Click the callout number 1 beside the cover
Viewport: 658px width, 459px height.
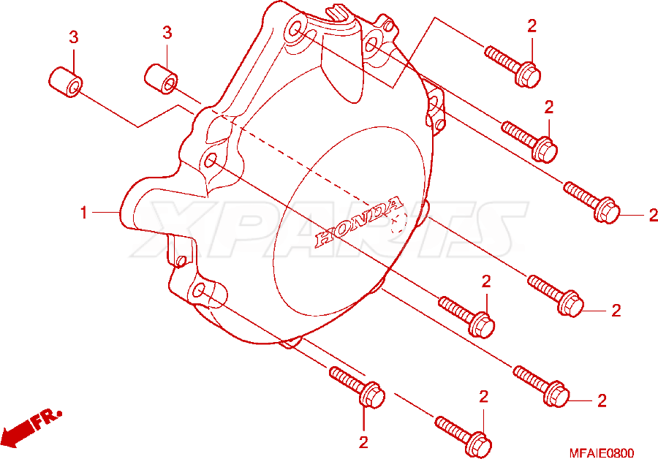[x=84, y=213]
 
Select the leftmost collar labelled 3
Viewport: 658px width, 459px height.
[x=66, y=82]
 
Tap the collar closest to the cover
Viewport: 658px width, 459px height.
[x=161, y=79]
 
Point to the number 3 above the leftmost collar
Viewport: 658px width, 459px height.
[x=73, y=37]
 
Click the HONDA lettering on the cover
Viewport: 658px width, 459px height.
[x=359, y=221]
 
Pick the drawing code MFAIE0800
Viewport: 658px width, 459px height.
[x=602, y=453]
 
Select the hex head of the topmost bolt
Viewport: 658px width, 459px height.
[x=529, y=75]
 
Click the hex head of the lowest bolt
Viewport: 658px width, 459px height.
[x=479, y=444]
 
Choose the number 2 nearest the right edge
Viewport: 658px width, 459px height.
[x=653, y=215]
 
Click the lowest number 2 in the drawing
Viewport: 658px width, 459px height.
[x=363, y=442]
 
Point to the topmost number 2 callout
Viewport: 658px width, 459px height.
[x=532, y=26]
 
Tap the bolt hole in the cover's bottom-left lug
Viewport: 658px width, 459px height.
[x=200, y=289]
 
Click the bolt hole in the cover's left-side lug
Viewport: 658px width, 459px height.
[x=211, y=160]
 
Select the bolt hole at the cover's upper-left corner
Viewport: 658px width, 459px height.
[x=295, y=29]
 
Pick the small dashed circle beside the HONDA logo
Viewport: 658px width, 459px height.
[x=398, y=222]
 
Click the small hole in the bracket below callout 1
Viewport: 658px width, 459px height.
[x=181, y=261]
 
